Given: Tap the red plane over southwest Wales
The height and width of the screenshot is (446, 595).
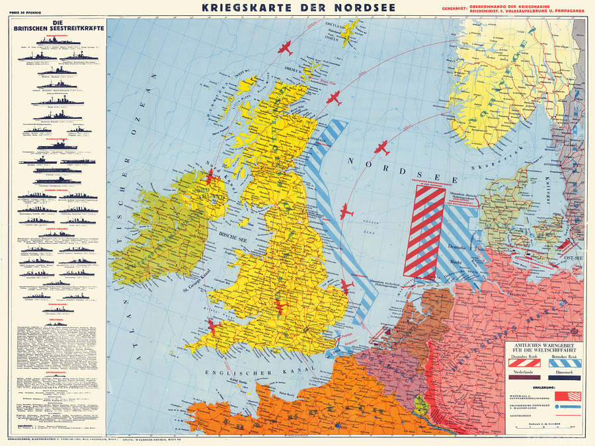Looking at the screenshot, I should pos(212,326).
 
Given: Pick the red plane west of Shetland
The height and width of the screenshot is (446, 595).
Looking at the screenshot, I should pos(286,48).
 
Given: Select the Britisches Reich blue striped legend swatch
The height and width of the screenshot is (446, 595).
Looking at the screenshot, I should pos(563,362).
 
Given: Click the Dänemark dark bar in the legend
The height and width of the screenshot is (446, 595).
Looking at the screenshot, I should pos(563,379).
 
